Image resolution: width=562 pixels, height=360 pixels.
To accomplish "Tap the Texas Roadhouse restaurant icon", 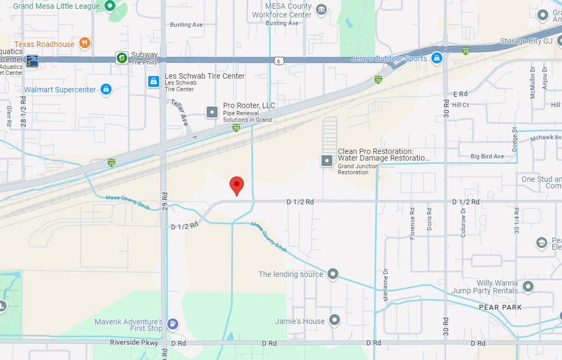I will coord(84,43).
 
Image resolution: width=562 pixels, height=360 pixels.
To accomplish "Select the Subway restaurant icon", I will coord(121,57).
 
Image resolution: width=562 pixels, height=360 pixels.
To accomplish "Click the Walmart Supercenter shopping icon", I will coord(106,89).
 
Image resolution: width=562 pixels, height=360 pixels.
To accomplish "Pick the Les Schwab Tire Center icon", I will coord(154,81).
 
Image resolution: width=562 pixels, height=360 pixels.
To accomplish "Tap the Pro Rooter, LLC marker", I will coord(212,112).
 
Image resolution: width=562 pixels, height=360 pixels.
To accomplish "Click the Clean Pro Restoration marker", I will coord(327,161).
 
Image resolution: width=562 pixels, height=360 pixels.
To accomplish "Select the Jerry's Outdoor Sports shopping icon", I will coord(436,58).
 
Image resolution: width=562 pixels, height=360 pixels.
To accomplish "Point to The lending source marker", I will coord(333,274).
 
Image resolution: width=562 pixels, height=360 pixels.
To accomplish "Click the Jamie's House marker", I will coord(334,321).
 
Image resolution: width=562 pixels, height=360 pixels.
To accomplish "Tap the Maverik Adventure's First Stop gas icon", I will coord(172,324).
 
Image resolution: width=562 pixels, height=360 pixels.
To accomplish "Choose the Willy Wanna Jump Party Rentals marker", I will coord(528,286).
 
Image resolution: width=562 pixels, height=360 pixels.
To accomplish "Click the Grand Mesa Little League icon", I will coord(110,6).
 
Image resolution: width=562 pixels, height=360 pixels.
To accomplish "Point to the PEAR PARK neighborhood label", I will coord(500,308).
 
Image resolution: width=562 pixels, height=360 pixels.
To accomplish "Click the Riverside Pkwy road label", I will coord(134,343).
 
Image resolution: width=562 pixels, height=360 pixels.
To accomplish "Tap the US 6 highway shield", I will coord(279,61).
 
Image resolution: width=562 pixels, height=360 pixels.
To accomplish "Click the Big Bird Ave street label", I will coord(487,157).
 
